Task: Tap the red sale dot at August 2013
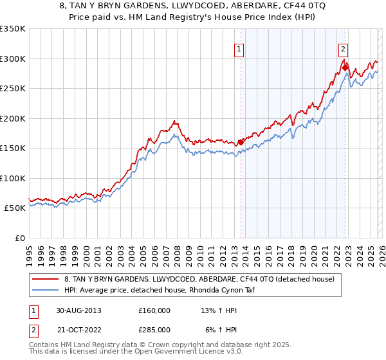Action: [x=241, y=143]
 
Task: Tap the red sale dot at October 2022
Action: [x=345, y=67]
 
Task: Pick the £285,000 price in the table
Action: [x=154, y=330]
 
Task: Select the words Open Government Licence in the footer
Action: [x=176, y=352]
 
